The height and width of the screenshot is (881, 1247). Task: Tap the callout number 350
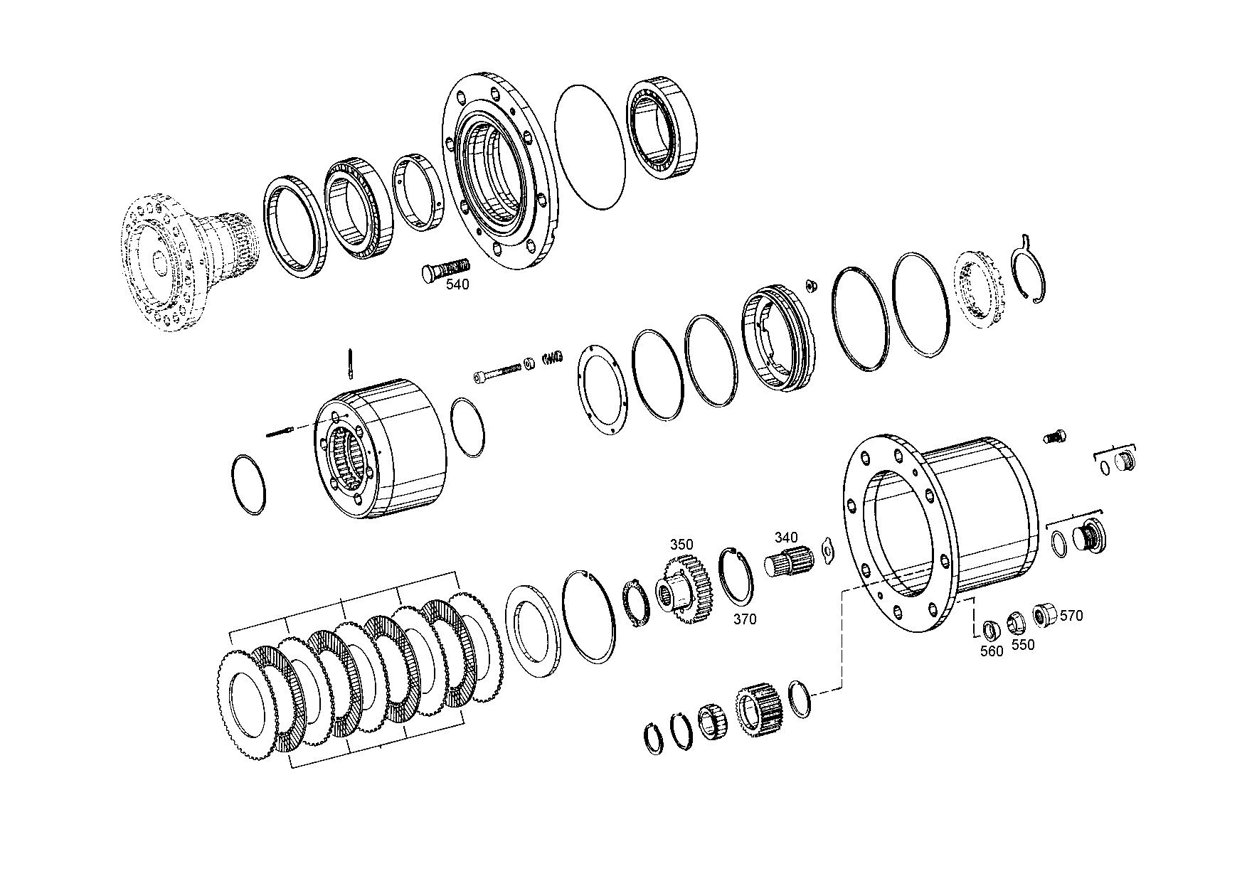tap(681, 545)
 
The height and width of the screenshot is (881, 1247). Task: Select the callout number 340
tap(786, 538)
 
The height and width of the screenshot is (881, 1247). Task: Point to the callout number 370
tap(745, 619)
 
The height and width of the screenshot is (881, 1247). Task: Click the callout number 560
tap(991, 651)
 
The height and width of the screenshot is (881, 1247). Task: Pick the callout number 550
tap(1023, 645)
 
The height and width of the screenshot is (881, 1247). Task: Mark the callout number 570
tap(1071, 616)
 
